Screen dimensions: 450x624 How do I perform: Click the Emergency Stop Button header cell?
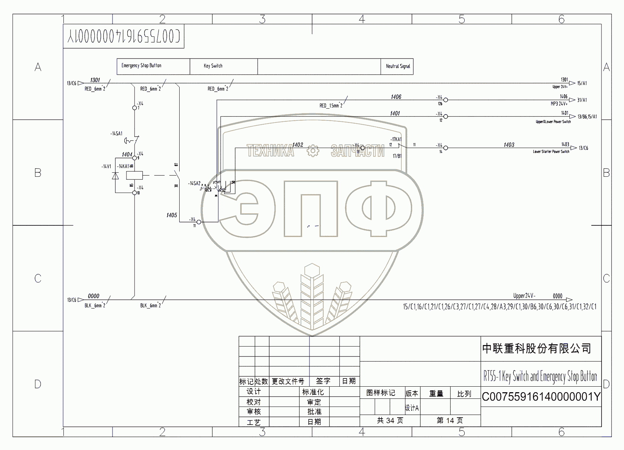(153, 66)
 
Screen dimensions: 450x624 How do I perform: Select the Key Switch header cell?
(223, 66)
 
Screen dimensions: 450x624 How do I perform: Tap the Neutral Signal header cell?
(397, 66)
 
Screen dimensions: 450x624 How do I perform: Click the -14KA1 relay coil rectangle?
(135, 175)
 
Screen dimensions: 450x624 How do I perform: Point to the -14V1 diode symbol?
(115, 176)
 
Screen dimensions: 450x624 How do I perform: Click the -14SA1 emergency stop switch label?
(117, 134)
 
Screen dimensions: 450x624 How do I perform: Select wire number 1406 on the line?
(396, 97)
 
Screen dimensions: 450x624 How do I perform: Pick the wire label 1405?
(171, 215)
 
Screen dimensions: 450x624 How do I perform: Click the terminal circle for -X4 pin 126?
(446, 100)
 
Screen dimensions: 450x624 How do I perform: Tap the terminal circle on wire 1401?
(446, 116)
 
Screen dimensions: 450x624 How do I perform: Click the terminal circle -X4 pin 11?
(199, 222)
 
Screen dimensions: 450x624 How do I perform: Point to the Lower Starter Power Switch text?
(551, 152)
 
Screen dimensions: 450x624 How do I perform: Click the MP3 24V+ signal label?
(559, 104)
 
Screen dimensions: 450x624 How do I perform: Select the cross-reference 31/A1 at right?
(582, 100)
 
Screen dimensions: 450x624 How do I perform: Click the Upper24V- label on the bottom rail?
(524, 296)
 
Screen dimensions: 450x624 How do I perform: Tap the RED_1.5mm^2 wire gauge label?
(331, 106)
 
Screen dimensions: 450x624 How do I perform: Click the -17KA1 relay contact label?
(396, 140)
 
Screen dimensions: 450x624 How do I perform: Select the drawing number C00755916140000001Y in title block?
(541, 397)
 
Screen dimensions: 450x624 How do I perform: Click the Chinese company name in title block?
(537, 348)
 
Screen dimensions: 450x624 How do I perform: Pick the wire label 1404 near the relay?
(127, 155)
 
